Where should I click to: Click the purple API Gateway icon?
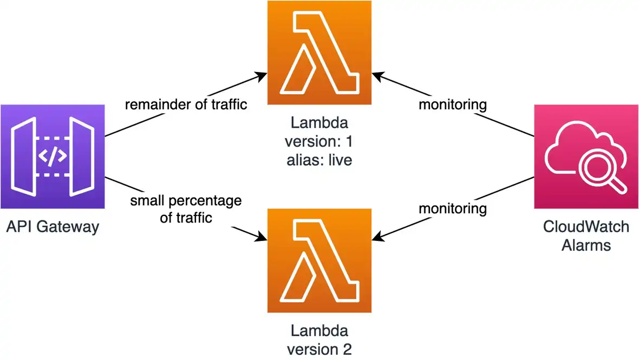pos(53,157)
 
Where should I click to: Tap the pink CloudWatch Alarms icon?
pos(586,157)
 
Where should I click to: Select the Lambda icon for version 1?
pos(319,53)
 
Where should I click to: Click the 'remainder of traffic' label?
pos(186,104)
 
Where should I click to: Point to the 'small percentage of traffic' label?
pos(186,209)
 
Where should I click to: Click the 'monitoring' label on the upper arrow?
pos(453,104)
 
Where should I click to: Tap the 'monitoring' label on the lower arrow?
pos(453,208)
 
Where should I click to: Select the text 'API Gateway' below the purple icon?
pos(53,226)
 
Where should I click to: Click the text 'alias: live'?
pos(319,160)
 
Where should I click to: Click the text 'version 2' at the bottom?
pos(319,349)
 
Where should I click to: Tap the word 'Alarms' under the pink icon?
pos(586,245)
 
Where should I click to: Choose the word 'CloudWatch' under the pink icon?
pos(586,226)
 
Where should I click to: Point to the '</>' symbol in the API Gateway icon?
pos(53,156)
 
